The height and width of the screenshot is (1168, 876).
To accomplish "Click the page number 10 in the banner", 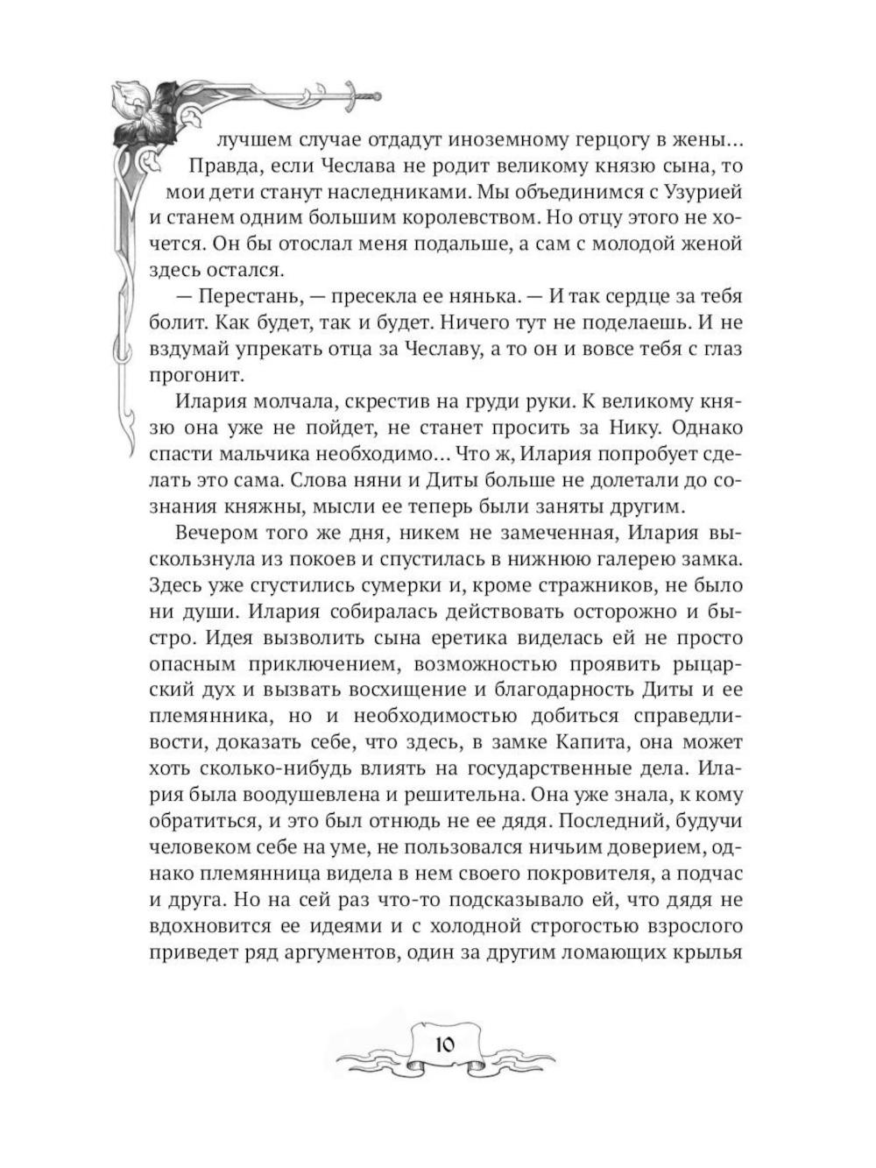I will (x=443, y=1044).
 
